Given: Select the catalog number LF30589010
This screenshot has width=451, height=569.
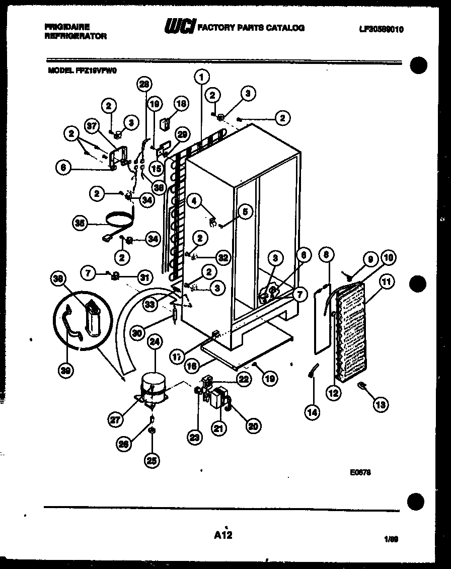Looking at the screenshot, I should (381, 29).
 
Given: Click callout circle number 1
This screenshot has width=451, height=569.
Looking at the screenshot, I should (201, 77).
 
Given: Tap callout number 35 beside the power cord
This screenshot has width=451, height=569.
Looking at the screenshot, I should (80, 223).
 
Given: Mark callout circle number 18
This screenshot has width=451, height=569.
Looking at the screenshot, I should (180, 104).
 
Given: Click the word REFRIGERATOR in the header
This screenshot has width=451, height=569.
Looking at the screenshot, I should (76, 36).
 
